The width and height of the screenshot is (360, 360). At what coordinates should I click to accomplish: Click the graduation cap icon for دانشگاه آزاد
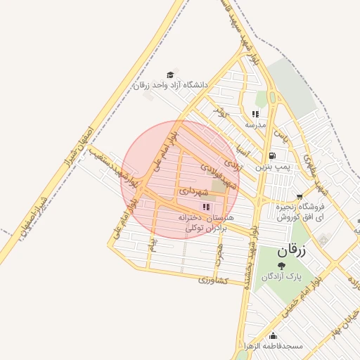(x=169, y=74)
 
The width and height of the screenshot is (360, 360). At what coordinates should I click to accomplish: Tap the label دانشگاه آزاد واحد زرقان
(x=172, y=85)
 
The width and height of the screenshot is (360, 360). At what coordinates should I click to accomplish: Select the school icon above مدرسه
(x=255, y=114)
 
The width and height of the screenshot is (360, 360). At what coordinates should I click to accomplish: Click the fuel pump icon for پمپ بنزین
(x=271, y=156)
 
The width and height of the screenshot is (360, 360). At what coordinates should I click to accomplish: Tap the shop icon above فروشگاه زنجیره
(x=300, y=197)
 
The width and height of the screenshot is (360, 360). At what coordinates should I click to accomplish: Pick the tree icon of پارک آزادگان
(x=282, y=265)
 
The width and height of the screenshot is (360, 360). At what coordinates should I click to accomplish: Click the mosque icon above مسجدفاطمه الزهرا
(x=274, y=335)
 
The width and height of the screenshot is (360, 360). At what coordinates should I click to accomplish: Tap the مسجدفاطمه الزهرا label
(x=274, y=347)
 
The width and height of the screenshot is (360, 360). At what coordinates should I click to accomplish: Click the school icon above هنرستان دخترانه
(x=206, y=207)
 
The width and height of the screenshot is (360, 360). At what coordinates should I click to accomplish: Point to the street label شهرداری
(x=193, y=191)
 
